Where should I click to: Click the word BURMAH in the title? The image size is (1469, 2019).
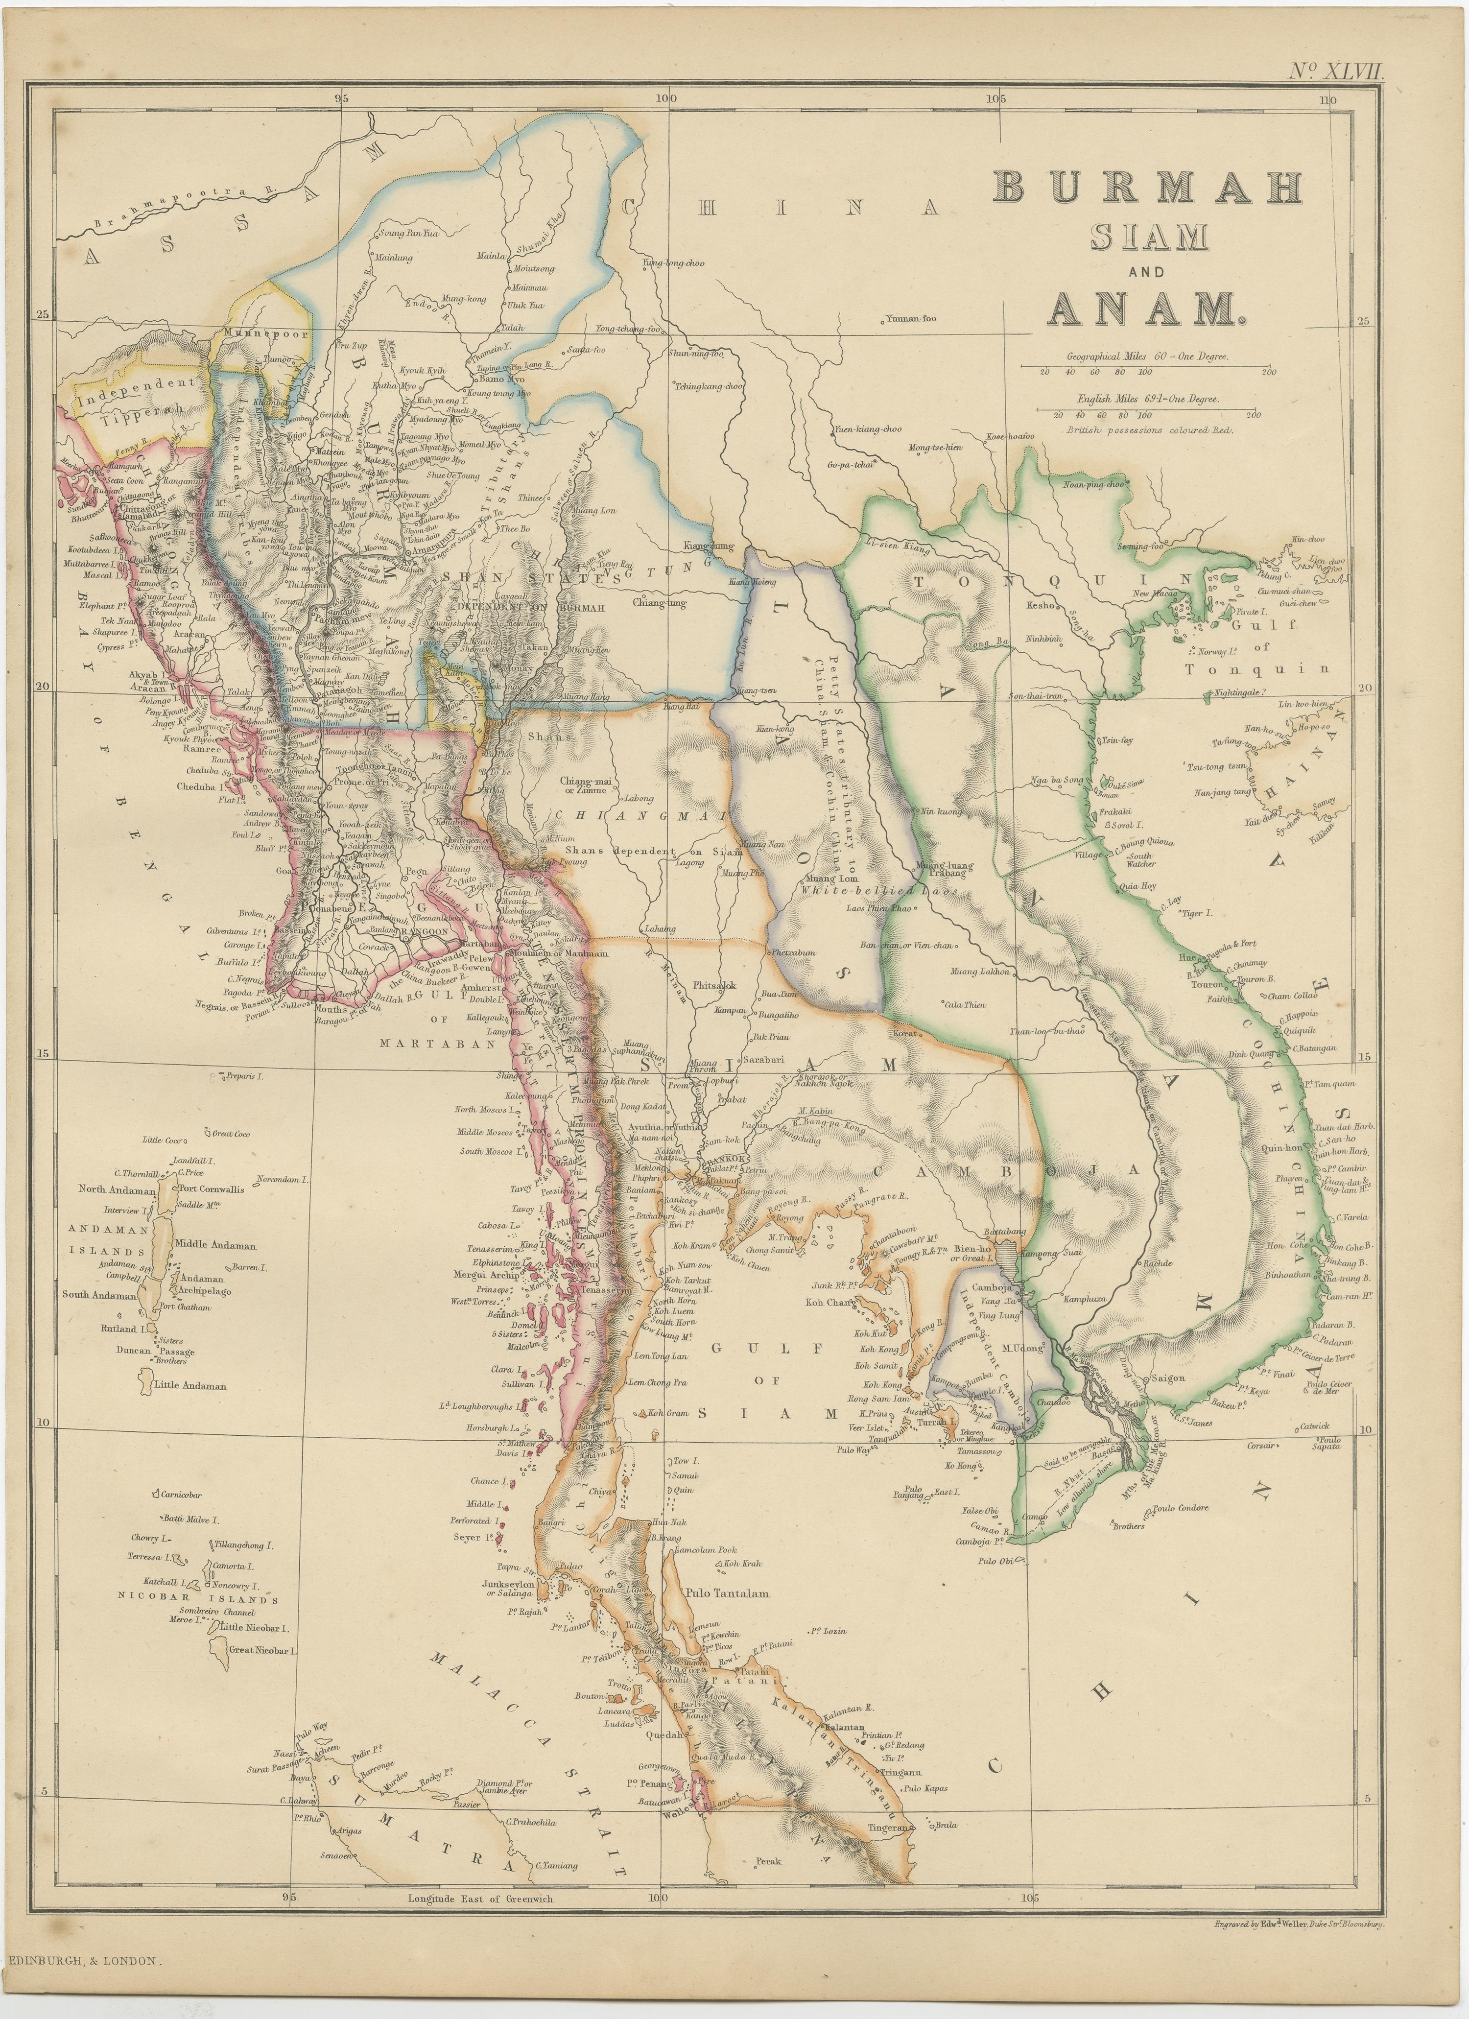click(x=1148, y=187)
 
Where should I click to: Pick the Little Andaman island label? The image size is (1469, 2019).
click(x=190, y=1386)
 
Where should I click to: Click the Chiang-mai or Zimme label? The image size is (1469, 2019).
click(x=589, y=784)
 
